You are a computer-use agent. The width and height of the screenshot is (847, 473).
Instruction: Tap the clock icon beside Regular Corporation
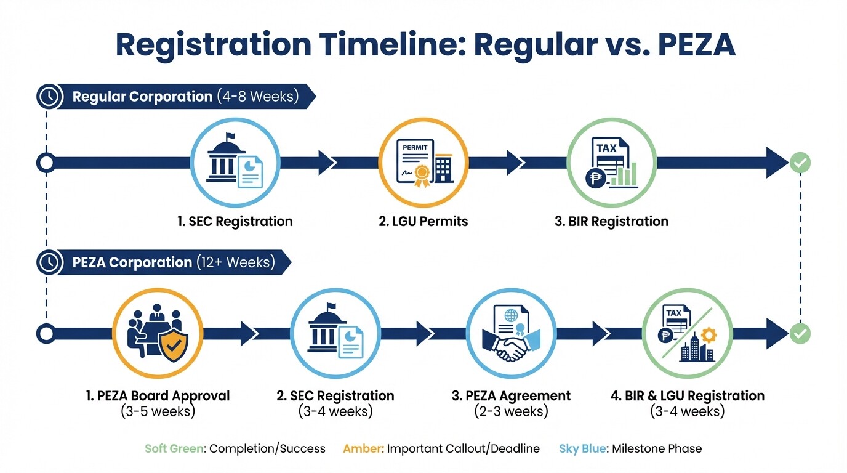(x=49, y=97)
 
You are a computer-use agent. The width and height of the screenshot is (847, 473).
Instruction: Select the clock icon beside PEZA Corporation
(x=49, y=262)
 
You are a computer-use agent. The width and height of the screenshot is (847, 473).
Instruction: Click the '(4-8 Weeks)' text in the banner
(x=257, y=97)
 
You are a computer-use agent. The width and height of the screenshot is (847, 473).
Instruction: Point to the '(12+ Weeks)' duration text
(x=235, y=262)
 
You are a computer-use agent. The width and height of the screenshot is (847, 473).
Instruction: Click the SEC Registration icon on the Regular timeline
(x=235, y=163)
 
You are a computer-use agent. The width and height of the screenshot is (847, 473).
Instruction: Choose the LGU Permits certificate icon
(x=423, y=163)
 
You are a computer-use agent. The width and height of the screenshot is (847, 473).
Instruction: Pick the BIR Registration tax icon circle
(x=611, y=163)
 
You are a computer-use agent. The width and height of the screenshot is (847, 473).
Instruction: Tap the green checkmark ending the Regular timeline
(x=800, y=163)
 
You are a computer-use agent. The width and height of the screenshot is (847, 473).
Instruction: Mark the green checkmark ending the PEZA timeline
(x=800, y=334)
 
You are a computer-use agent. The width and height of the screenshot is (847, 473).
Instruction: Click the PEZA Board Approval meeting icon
(x=158, y=334)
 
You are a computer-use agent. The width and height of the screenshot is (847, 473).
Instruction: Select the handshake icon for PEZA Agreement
(x=511, y=334)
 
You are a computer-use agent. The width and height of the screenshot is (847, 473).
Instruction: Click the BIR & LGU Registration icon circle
(x=688, y=334)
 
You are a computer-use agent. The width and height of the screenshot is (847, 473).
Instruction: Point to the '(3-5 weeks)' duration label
(x=158, y=411)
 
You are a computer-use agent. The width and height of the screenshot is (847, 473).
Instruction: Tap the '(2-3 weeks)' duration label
(x=511, y=411)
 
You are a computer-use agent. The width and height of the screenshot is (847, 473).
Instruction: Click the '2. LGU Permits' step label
(x=423, y=221)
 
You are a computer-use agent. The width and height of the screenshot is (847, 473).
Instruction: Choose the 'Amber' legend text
(x=363, y=448)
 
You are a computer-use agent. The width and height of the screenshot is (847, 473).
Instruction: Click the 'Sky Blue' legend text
(x=581, y=448)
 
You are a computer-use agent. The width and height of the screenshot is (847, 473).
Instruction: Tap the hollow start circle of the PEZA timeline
(x=46, y=334)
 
